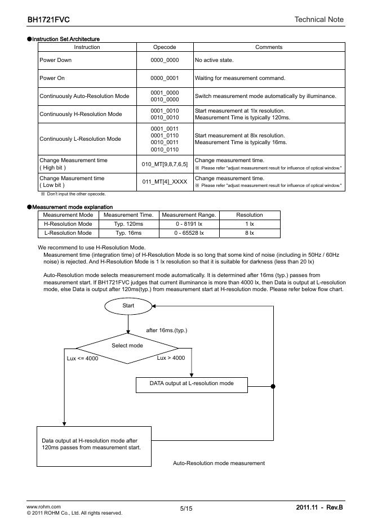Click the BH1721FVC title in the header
pyautogui.click(x=48, y=20)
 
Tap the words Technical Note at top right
pyautogui.click(x=318, y=20)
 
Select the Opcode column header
pyautogui.click(x=165, y=47)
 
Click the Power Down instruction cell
pyautogui.click(x=55, y=60)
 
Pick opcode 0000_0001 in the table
pyautogui.click(x=165, y=78)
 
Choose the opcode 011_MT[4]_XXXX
pyautogui.click(x=165, y=181)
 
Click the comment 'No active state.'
pyautogui.click(x=214, y=60)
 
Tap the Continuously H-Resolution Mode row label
pyautogui.click(x=81, y=114)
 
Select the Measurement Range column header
pyautogui.click(x=189, y=215)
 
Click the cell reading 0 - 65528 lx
pyautogui.click(x=189, y=233)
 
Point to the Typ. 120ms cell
pyautogui.click(x=129, y=224)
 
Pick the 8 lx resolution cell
pyautogui.click(x=249, y=233)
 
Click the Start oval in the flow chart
pyautogui.click(x=128, y=305)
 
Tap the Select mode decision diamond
pyautogui.click(x=127, y=346)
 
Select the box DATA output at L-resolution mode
pyautogui.click(x=192, y=384)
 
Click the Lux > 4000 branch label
pyautogui.click(x=171, y=358)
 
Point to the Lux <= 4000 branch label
pyautogui.click(x=82, y=359)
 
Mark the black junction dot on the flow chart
pyautogui.click(x=273, y=386)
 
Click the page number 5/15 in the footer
pyautogui.click(x=186, y=508)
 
